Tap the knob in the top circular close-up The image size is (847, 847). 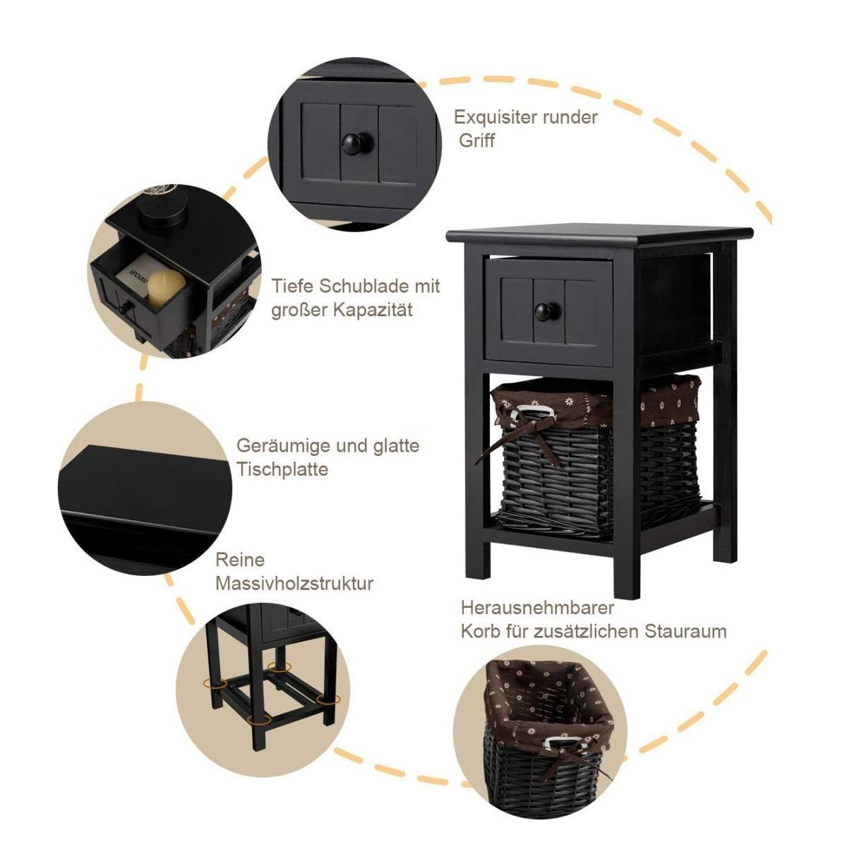355,143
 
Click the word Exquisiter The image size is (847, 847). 496,117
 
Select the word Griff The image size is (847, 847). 477,140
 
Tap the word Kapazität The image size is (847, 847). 373,310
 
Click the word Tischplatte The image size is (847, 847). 282,469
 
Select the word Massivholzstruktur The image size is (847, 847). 294,583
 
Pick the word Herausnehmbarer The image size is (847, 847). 537,608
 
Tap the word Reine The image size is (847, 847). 240,560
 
